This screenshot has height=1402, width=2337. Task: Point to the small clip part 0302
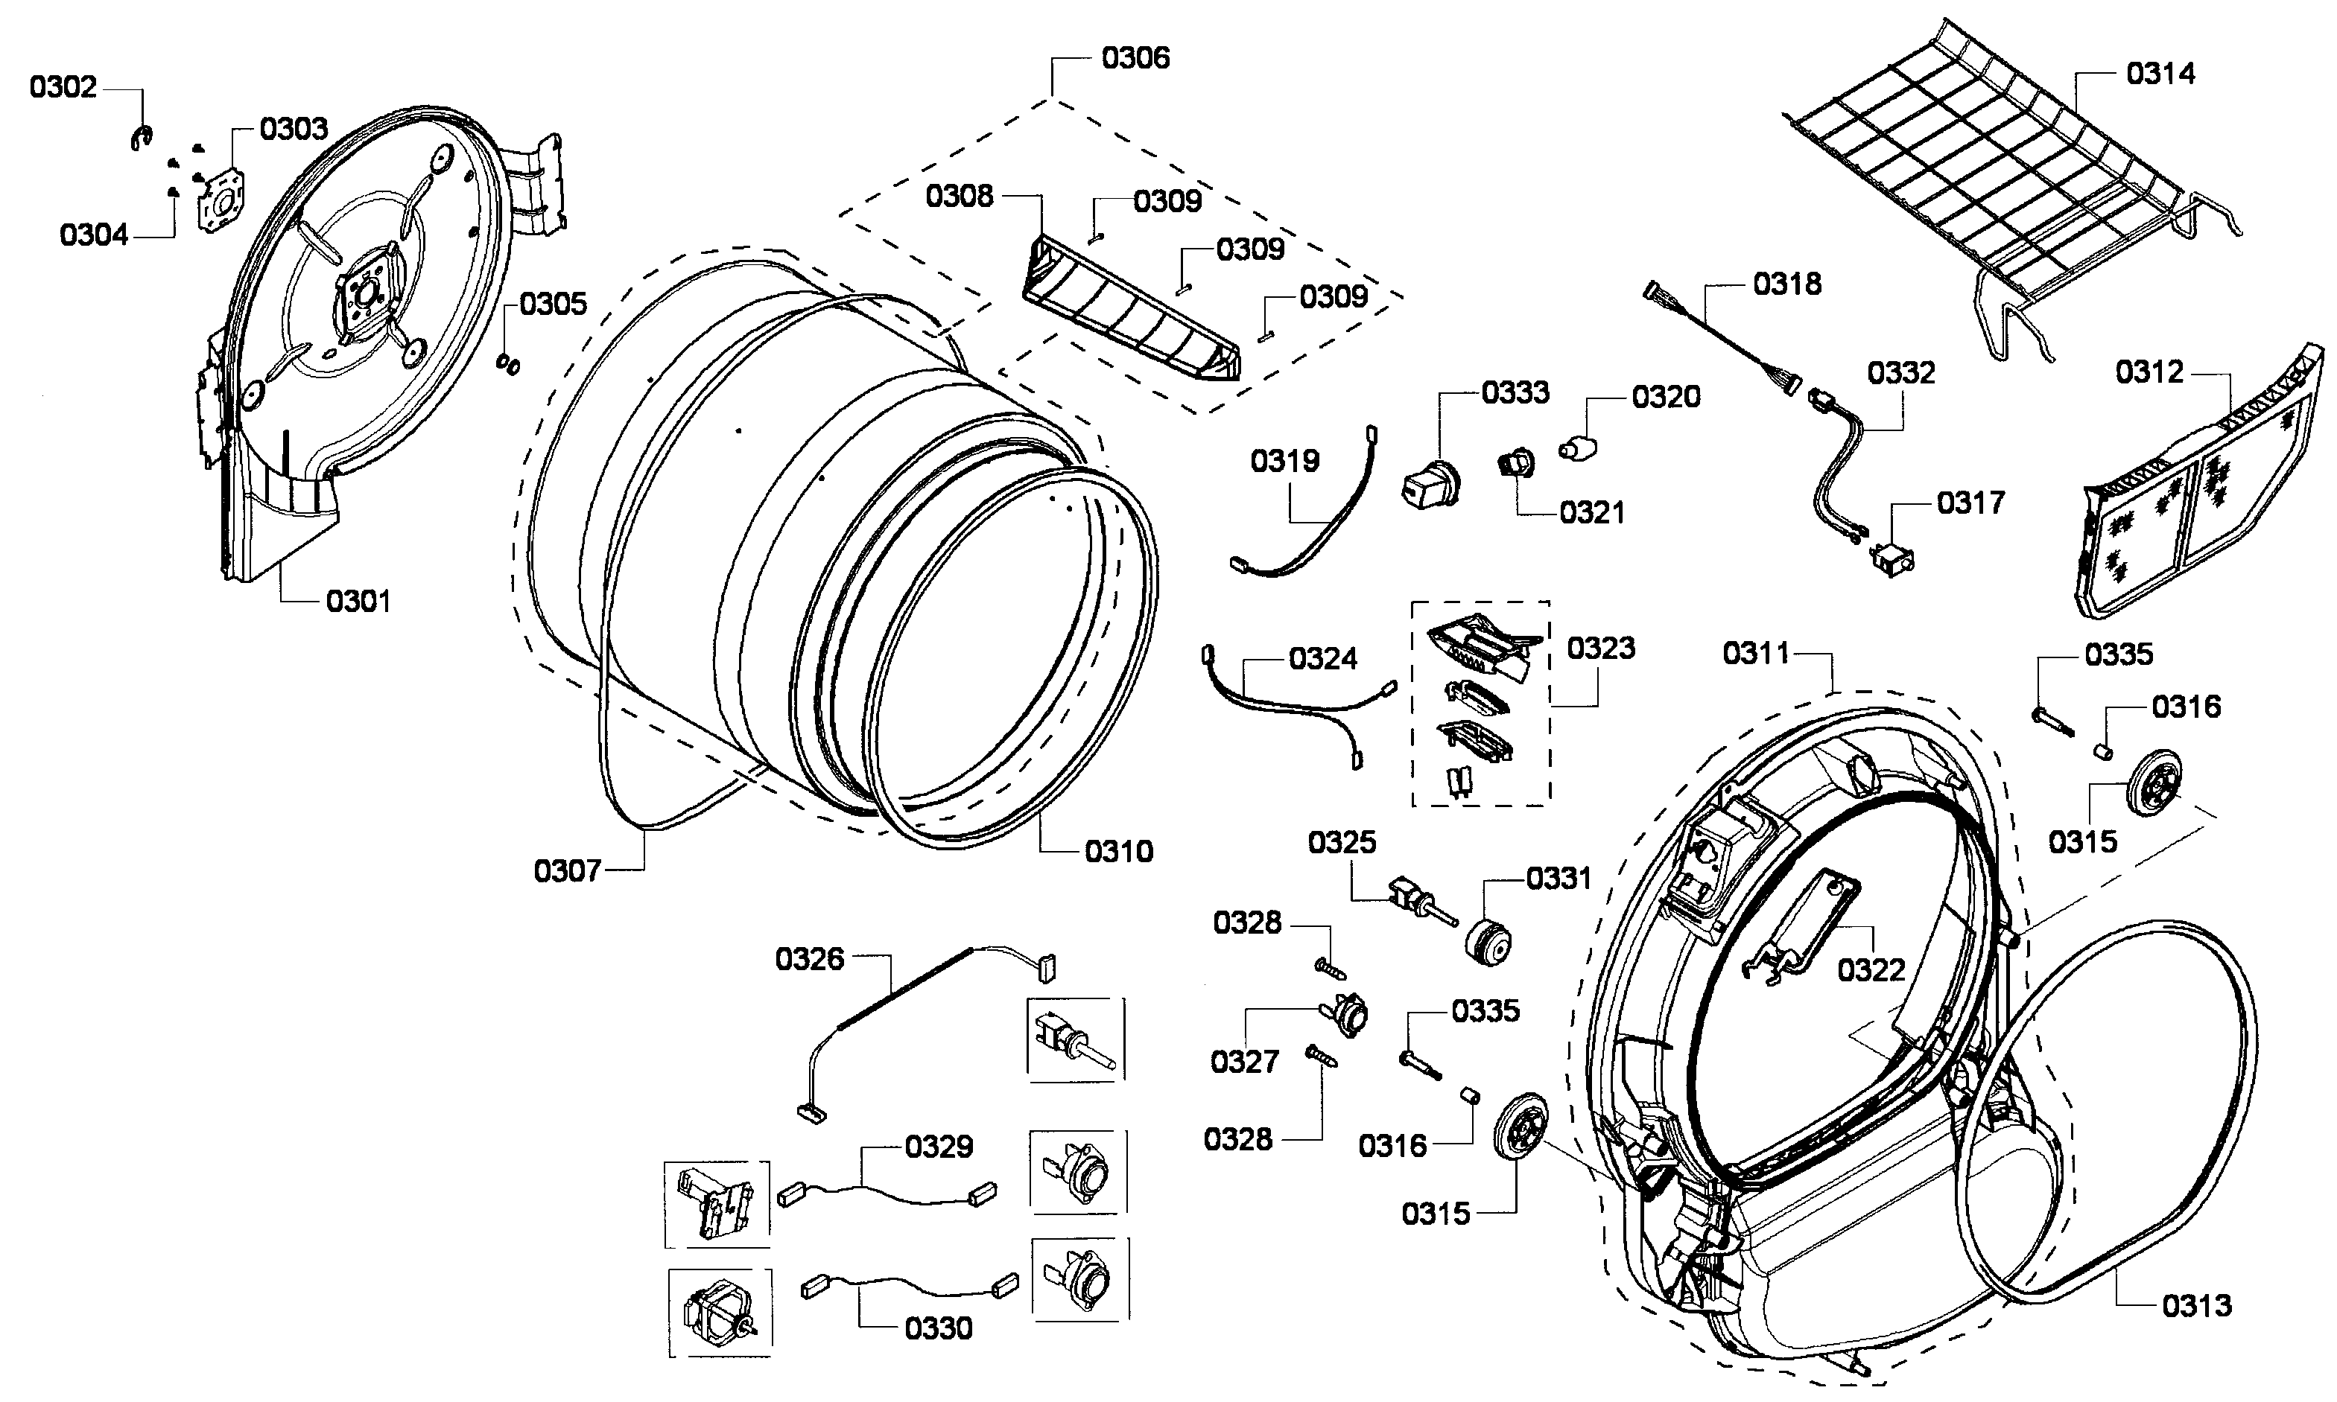141,138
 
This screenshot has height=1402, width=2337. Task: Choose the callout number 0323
1600,648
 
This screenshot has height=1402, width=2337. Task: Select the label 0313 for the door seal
2196,1306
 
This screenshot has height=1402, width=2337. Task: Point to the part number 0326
809,959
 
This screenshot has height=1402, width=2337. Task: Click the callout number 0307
567,870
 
